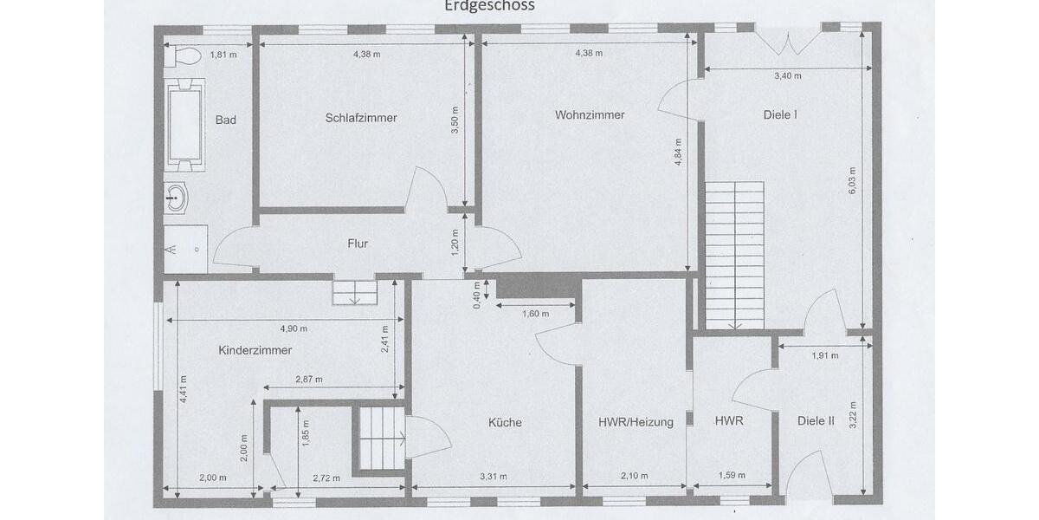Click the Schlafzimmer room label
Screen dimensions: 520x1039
[361, 118]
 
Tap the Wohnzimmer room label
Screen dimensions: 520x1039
[590, 114]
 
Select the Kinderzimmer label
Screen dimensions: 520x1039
[255, 350]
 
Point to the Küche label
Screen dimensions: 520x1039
[505, 423]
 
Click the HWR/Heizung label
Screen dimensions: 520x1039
[636, 423]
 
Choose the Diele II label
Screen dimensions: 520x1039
[816, 421]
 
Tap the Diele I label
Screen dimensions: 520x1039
[780, 114]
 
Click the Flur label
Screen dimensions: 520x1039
[358, 244]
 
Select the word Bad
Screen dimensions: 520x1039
[226, 120]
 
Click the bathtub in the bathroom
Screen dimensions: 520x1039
[184, 123]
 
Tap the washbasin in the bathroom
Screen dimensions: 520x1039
[176, 198]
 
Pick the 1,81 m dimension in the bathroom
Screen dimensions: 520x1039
[223, 55]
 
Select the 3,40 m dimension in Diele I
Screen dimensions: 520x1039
[787, 76]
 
